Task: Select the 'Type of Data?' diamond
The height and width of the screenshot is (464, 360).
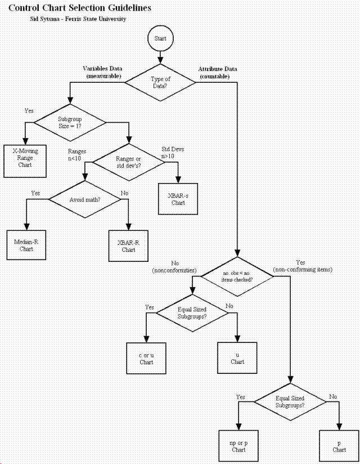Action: click(161, 83)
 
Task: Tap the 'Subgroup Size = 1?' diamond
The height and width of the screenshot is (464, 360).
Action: click(70, 123)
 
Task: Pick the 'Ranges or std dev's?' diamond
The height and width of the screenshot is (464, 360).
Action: click(129, 163)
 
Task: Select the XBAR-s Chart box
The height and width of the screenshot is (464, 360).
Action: click(178, 198)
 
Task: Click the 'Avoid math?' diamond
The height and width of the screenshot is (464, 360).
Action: click(84, 200)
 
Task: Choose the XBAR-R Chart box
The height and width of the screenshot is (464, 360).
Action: click(128, 246)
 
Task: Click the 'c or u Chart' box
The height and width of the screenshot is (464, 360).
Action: click(146, 359)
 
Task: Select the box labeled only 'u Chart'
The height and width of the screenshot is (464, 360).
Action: click(237, 359)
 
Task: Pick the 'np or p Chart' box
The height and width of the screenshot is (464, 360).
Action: click(238, 447)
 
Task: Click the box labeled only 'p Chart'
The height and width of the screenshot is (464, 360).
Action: click(339, 447)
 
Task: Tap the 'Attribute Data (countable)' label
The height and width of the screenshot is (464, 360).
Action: click(217, 72)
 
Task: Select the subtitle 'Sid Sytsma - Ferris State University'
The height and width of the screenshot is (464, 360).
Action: click(78, 19)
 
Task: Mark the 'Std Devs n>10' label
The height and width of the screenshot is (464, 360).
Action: click(173, 153)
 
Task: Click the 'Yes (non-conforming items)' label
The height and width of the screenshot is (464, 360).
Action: click(303, 266)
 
